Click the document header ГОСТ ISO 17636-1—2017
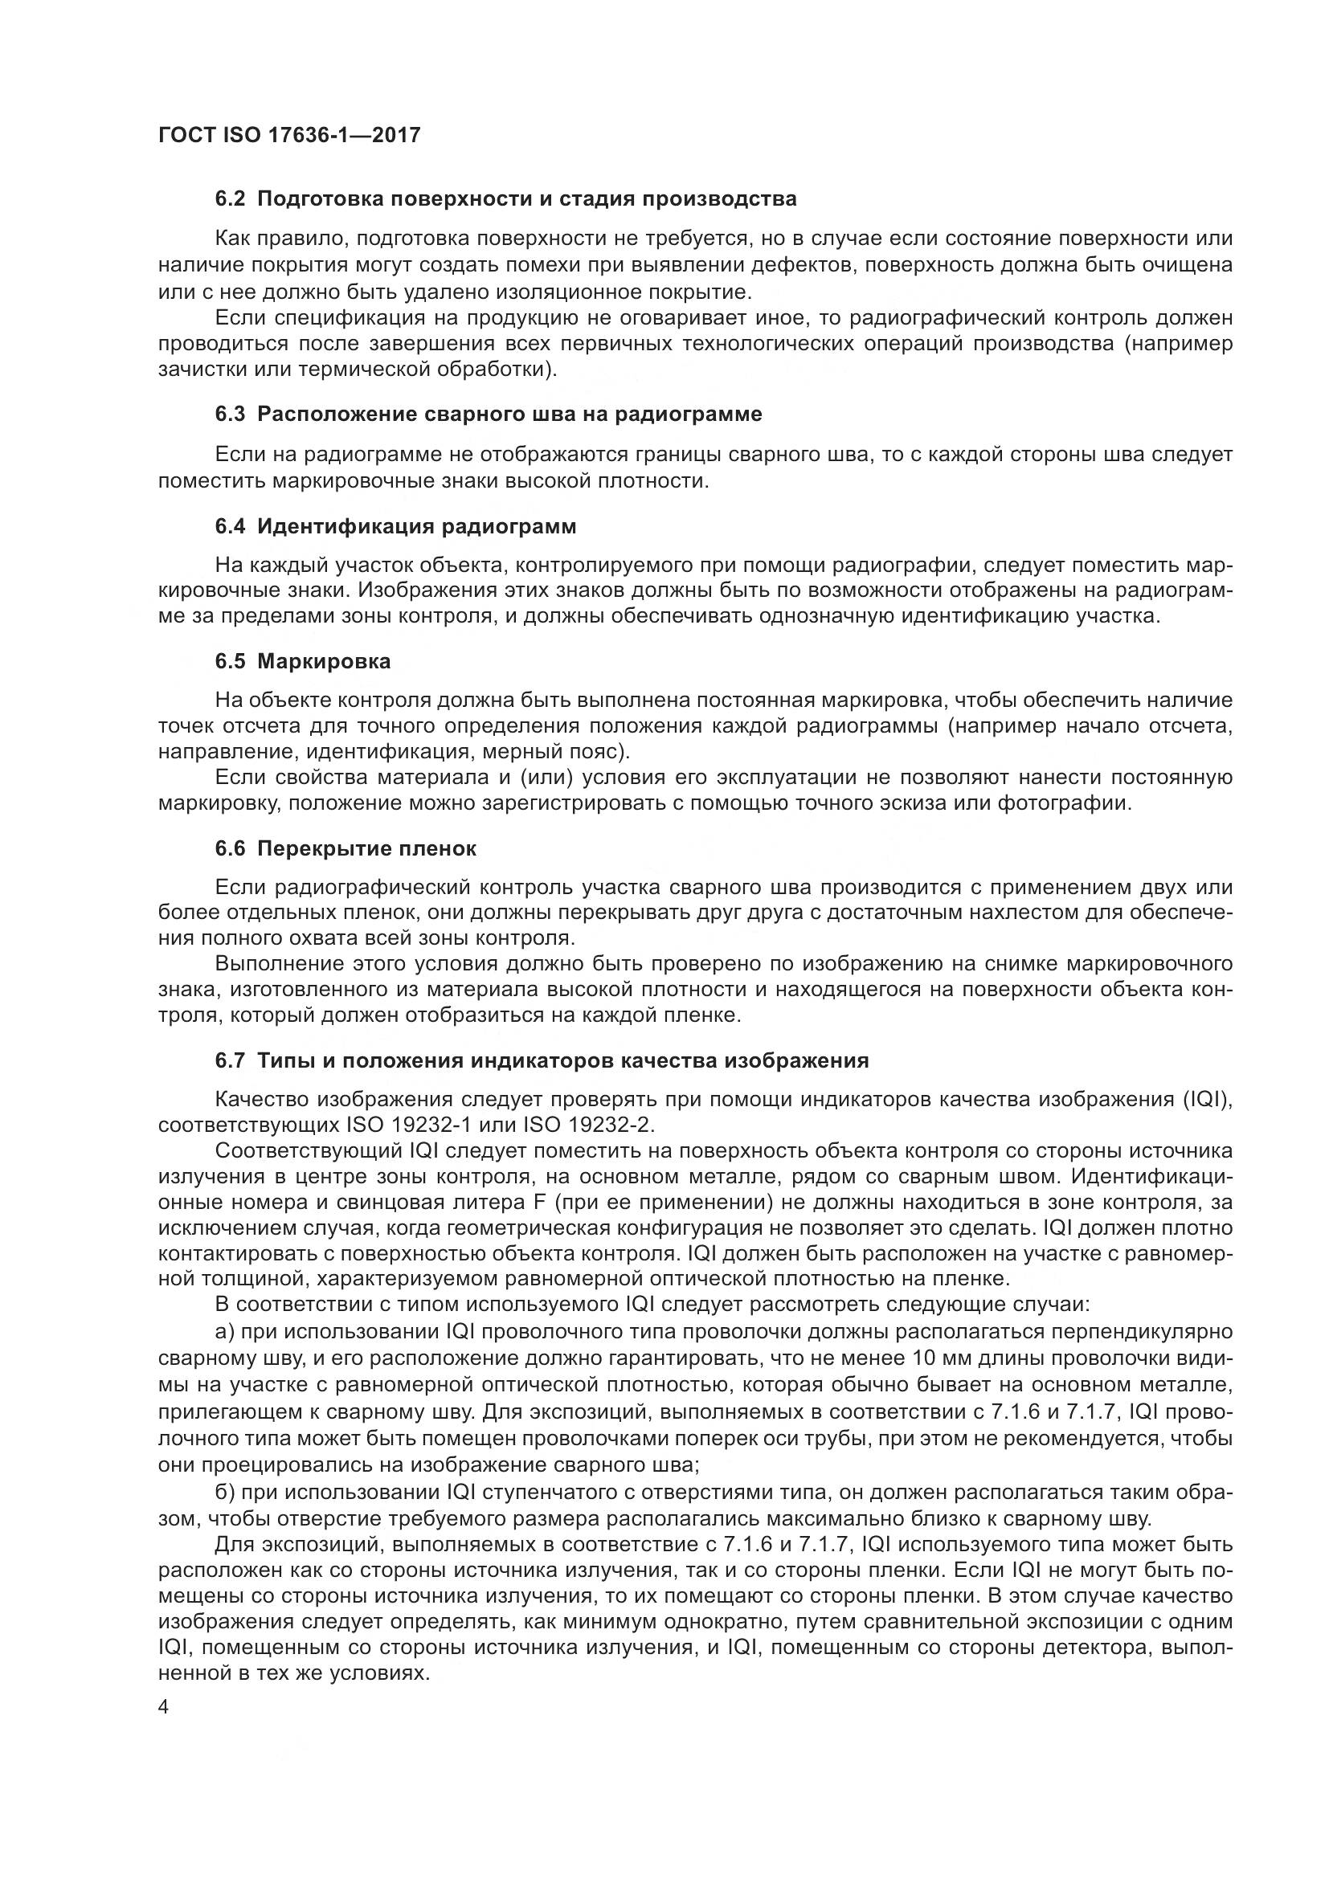tap(289, 135)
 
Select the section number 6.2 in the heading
tap(230, 199)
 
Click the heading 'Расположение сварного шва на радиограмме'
tap(509, 414)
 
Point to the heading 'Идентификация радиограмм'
tap(416, 526)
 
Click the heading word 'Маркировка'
tap(324, 661)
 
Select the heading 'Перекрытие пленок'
tap(366, 848)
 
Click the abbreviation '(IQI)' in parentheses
tap(1207, 1099)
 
